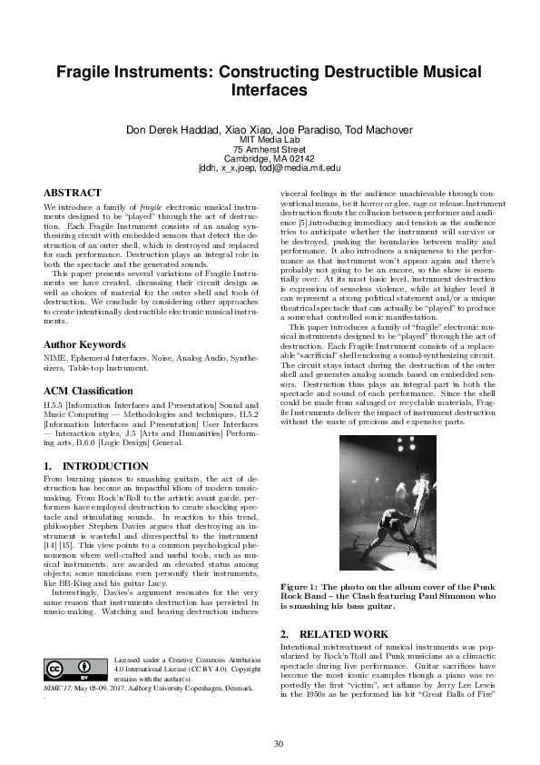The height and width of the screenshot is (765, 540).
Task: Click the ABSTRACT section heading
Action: point(73,194)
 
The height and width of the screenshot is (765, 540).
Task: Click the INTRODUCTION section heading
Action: point(96,466)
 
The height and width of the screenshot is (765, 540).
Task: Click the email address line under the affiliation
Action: point(270,168)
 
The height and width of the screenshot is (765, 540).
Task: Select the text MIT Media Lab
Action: point(270,138)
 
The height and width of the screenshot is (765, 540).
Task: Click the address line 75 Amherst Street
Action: point(270,148)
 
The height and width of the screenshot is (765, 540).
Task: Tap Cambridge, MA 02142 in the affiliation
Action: point(270,158)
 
